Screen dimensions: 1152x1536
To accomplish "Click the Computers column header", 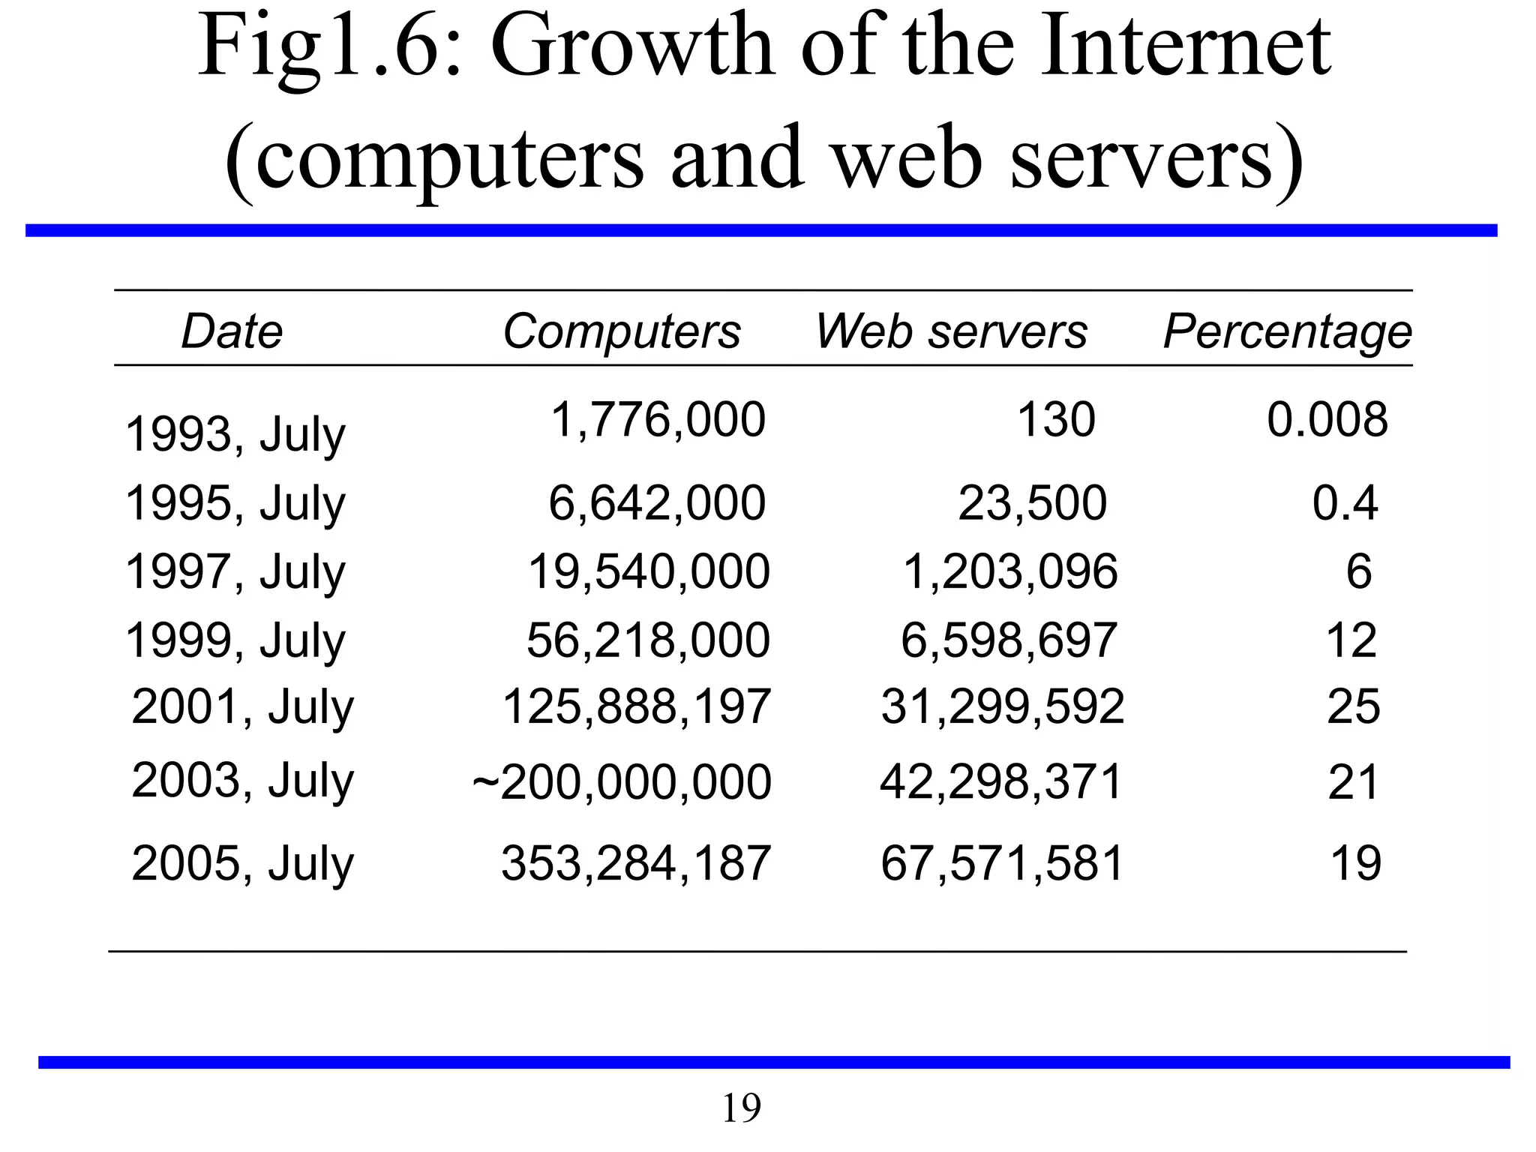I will [621, 331].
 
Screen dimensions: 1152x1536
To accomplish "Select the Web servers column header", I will [951, 331].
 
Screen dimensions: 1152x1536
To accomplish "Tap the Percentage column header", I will [1287, 331].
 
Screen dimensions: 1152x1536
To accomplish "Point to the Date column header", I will [232, 331].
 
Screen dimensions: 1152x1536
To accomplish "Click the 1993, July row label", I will [235, 434].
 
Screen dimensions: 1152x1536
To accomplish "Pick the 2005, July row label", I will [242, 863].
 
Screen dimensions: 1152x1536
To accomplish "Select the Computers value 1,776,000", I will [658, 419].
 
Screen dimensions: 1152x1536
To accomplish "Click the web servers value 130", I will [1055, 419].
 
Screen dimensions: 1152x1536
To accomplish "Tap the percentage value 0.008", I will [1327, 419].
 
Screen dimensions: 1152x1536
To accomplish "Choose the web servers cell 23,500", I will [1032, 502].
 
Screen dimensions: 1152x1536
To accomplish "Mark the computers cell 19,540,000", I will [649, 571].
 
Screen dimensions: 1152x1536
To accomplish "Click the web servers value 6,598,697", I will [1009, 640].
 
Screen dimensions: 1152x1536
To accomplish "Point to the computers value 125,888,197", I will [636, 706].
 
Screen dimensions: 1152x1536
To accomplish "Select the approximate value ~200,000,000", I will [622, 782].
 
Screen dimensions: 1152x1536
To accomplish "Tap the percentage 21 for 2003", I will [1353, 782].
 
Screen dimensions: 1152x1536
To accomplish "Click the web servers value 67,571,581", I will [1002, 863].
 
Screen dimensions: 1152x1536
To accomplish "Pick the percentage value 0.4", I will [1345, 502].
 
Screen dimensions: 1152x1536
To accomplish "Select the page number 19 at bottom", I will [741, 1108].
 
